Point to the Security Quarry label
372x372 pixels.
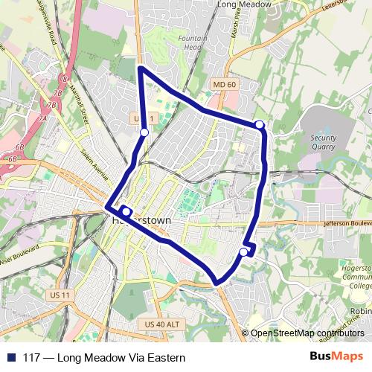(329, 142)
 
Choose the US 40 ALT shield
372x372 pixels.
(161, 324)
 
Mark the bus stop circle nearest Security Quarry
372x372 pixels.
(259, 124)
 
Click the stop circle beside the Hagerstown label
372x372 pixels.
(126, 211)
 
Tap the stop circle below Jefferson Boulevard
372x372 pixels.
(243, 252)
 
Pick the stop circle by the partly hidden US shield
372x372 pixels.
(144, 132)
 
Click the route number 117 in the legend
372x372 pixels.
(32, 357)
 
